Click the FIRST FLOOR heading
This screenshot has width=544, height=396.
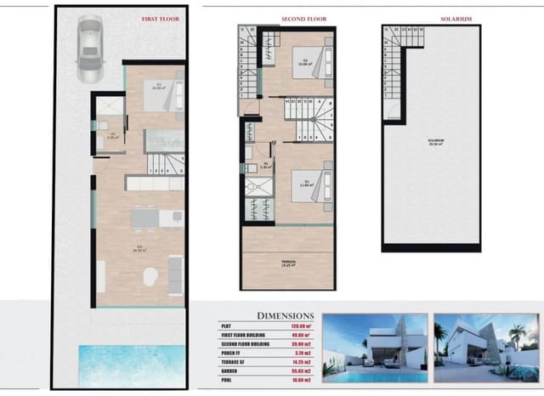[x=160, y=16]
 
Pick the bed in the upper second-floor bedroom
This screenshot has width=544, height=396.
[x=309, y=59]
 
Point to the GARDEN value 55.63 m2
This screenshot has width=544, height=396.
[x=301, y=371]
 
